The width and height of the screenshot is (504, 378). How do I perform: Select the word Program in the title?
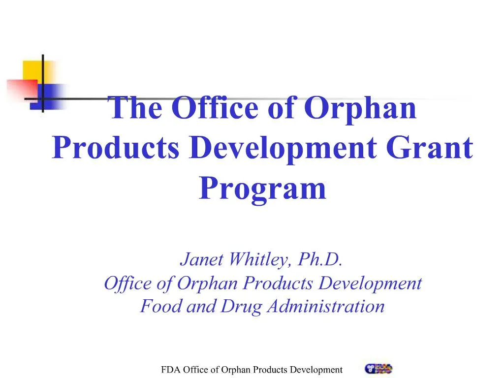point(262,189)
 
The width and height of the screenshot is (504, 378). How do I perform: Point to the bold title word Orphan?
point(360,108)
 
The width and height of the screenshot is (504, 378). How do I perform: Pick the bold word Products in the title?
point(116,148)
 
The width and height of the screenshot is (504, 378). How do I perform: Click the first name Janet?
point(200,259)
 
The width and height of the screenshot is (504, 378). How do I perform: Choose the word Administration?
point(325,306)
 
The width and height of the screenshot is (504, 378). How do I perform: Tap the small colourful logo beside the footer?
point(378,369)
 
